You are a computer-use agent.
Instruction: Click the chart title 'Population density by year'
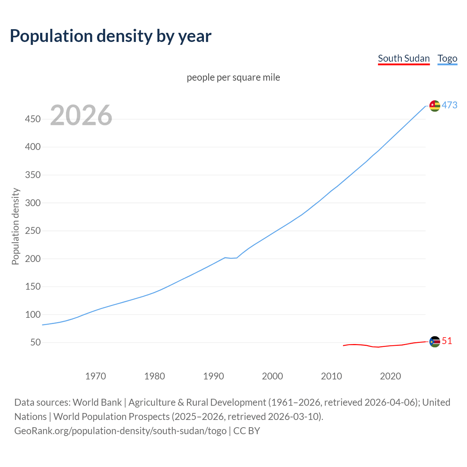[x=111, y=36]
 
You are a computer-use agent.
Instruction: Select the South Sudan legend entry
[x=404, y=59]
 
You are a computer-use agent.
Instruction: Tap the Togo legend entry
[x=447, y=59]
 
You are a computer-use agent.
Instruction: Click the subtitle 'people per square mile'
[x=233, y=78]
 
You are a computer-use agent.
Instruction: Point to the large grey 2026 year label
[x=81, y=115]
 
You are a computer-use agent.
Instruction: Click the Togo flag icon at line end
[x=435, y=106]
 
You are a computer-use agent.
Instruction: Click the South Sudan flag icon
[x=435, y=342]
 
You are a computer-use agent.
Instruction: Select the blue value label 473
[x=449, y=105]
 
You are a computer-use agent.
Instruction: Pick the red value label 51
[x=447, y=341]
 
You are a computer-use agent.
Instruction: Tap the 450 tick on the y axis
[x=33, y=119]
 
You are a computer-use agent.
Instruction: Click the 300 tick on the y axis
[x=33, y=203]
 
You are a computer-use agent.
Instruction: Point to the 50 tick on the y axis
[x=35, y=343]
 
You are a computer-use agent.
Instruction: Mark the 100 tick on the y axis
[x=33, y=315]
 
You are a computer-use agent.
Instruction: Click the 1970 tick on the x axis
[x=96, y=376]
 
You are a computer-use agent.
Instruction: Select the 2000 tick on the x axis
[x=273, y=376]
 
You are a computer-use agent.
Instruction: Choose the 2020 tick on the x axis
[x=390, y=376]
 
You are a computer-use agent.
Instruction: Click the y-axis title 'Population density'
[x=15, y=226]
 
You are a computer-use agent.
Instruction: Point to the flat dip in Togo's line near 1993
[x=231, y=258]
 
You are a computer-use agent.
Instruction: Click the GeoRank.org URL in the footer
[x=120, y=431]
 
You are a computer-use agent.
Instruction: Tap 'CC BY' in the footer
[x=247, y=431]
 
